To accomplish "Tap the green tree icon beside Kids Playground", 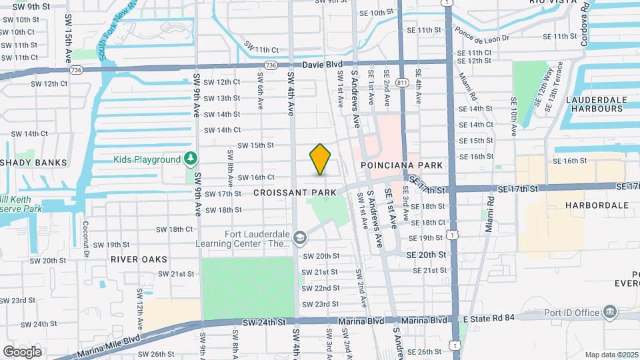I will [x=191, y=159].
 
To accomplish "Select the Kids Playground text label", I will [x=147, y=159].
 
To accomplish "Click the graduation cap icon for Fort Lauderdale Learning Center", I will [x=300, y=237].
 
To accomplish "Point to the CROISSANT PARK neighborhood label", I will [x=293, y=192].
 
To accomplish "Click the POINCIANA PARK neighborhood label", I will [x=401, y=164].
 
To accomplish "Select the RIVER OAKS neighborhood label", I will [x=139, y=258].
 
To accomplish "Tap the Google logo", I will [x=23, y=351].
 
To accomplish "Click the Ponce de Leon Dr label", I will [x=481, y=35].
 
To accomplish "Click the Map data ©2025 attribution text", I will [x=612, y=354].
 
